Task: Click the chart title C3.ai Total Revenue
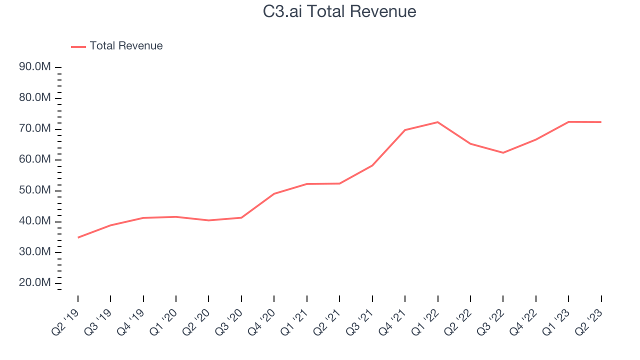339,11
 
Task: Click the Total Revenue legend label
126,46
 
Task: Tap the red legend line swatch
78,46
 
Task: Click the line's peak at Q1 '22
438,122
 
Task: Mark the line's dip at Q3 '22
503,152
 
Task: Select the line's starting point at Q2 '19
78,237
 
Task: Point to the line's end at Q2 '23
601,122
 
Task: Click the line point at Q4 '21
405,130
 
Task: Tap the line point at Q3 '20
241,217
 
